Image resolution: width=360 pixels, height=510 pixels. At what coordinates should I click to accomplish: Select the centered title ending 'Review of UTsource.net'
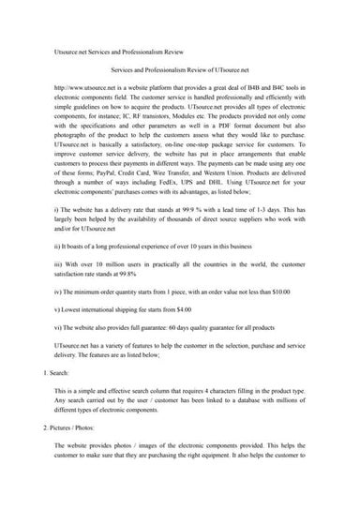pos(179,69)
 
